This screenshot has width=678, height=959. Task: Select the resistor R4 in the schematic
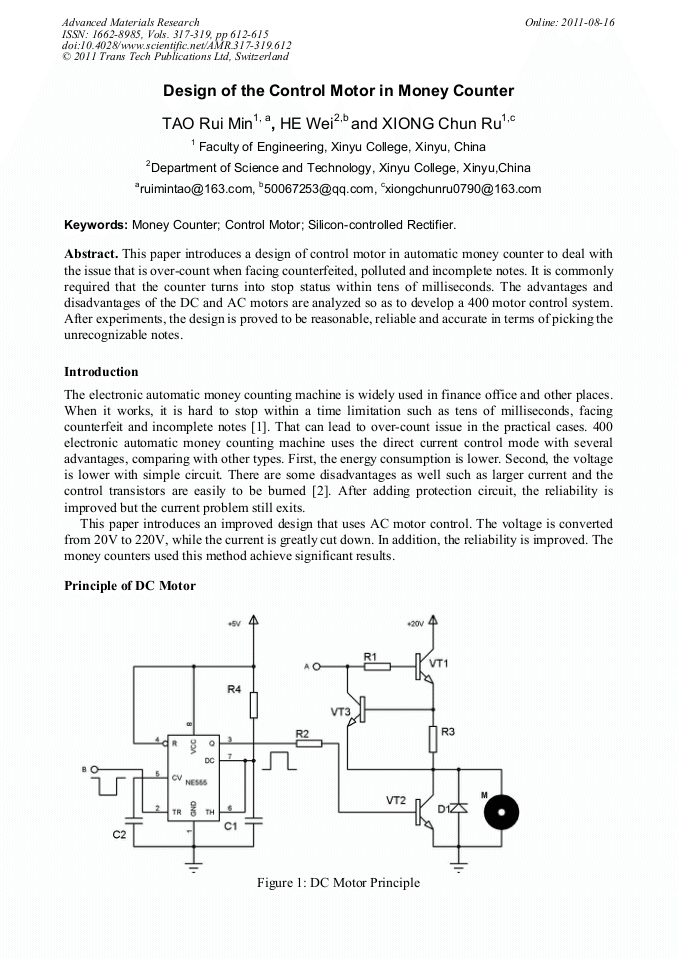pos(254,704)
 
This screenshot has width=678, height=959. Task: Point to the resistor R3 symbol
pos(434,738)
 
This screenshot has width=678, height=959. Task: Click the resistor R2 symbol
pos(308,743)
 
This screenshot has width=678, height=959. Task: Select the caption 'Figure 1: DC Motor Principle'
pos(338,883)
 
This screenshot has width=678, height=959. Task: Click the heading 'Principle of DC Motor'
pos(129,586)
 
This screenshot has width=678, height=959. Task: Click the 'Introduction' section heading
pos(101,372)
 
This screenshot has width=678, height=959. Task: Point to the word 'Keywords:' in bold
pos(96,225)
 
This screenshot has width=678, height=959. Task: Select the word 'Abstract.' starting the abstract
pos(91,255)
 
